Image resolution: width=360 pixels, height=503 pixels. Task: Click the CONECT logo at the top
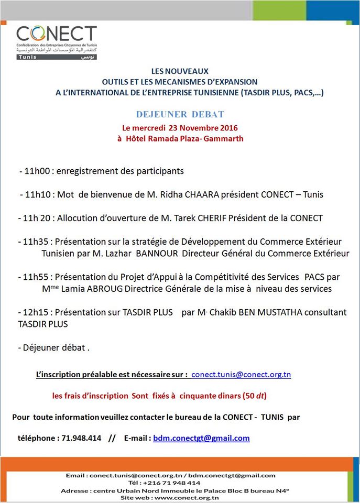tap(57, 42)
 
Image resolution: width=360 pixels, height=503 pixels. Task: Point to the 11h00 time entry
tap(38, 171)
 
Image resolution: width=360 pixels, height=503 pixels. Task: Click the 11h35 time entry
tap(38, 242)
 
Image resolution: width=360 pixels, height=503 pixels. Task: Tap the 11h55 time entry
tap(38, 277)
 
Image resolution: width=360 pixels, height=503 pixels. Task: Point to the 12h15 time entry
tap(38, 312)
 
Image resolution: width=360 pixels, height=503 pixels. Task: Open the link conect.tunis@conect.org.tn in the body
tap(241, 375)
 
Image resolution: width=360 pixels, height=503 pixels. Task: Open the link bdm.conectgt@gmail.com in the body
tap(201, 438)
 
